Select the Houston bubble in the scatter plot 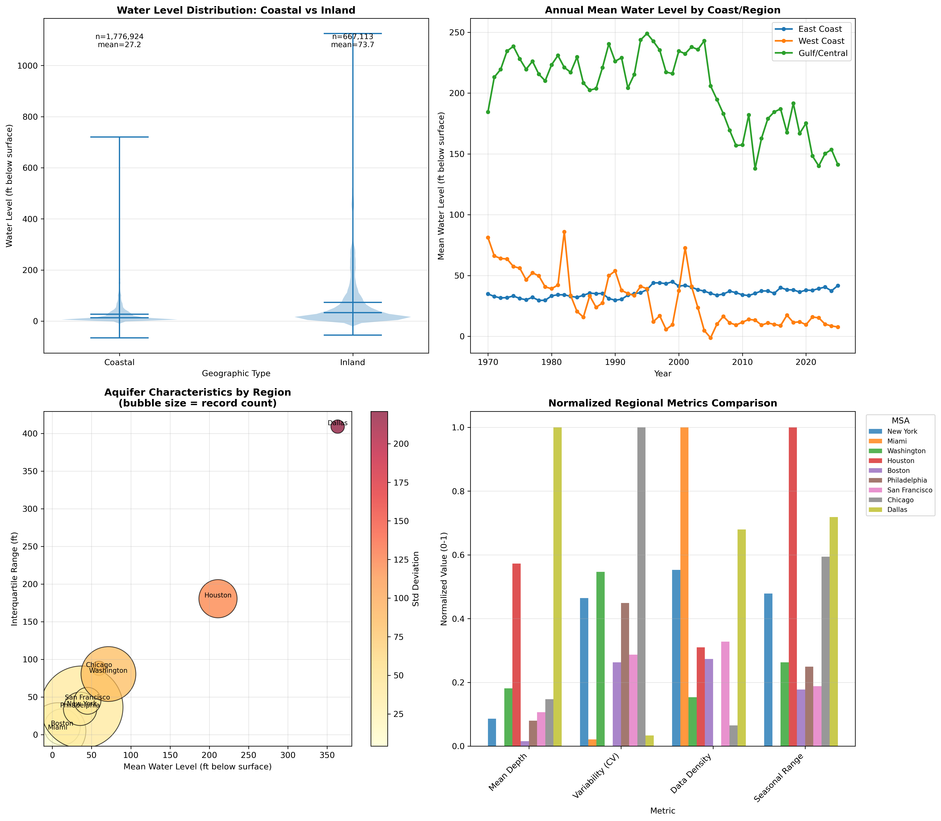218,598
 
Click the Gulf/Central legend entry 822,53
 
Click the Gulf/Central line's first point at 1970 488,112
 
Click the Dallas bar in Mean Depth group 558,586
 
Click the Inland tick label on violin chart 352,362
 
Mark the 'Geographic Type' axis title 236,373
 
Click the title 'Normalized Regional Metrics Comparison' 662,403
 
